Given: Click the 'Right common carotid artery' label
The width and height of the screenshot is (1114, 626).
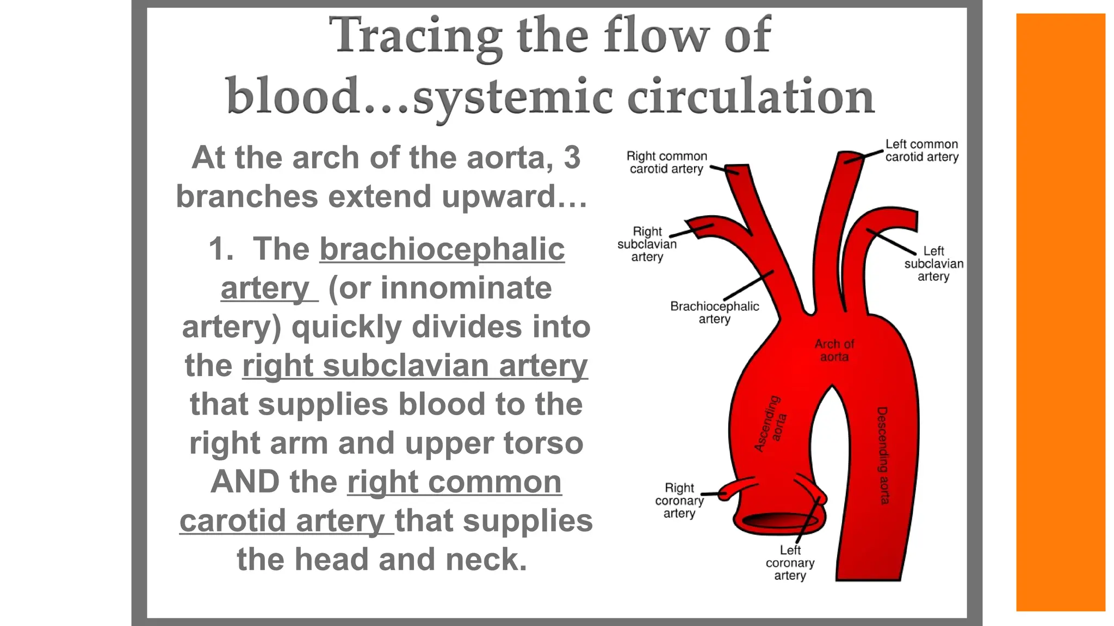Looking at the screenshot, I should (x=666, y=162).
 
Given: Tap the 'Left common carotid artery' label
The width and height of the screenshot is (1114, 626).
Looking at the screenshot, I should (x=921, y=151).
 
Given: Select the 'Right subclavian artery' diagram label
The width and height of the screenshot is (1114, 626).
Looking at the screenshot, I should (x=647, y=244).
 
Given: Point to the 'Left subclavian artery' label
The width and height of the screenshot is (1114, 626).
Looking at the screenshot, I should (x=933, y=264).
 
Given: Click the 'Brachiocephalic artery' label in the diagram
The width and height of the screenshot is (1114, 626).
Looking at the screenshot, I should (x=714, y=312).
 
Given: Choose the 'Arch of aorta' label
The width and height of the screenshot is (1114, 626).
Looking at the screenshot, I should (x=834, y=350).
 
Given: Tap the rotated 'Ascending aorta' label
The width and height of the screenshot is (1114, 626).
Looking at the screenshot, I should (x=770, y=424).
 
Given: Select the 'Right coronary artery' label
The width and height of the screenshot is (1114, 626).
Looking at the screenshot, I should (x=679, y=500).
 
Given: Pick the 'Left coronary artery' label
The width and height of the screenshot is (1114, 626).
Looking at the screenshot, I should (x=790, y=563).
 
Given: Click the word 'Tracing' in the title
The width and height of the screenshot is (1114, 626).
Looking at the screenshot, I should (x=416, y=36).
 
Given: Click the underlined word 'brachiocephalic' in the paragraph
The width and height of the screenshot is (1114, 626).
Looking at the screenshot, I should (x=442, y=249).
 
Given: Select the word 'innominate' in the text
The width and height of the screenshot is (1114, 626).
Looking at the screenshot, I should (x=466, y=288).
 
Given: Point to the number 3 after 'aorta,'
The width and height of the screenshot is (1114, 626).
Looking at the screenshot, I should (x=572, y=158).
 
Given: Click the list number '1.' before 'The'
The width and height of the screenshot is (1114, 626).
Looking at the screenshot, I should (x=221, y=249).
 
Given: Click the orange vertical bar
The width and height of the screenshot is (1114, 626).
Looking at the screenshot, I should (x=1060, y=312).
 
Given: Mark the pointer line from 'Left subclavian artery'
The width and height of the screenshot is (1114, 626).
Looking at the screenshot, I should (x=890, y=241).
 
